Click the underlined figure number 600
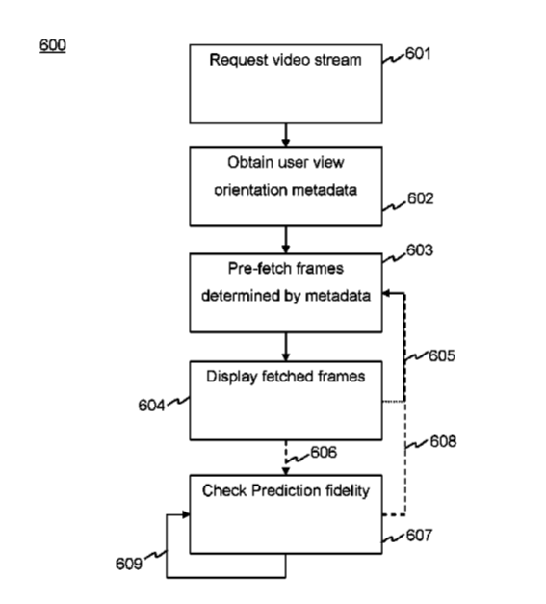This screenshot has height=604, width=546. coord(53,45)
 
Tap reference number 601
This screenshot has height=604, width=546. coord(418,54)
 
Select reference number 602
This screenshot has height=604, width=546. coord(421,198)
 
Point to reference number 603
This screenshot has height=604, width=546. coord(420,250)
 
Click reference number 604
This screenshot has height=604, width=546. coord(151,406)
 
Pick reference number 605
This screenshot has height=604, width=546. coord(442,355)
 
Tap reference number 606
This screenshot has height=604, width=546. coord(324,452)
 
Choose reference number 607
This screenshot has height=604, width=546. coord(419,535)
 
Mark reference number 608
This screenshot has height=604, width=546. coord(443,441)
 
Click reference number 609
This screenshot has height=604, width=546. coord(129,564)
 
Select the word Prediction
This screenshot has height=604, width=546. coord(286,490)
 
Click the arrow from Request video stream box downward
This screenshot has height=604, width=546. coord(286,135)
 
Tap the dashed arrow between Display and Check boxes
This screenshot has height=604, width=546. coord(286,458)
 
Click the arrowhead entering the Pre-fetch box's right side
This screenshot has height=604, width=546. coord(386,293)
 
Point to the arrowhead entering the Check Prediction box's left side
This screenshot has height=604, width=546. coord(186,514)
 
